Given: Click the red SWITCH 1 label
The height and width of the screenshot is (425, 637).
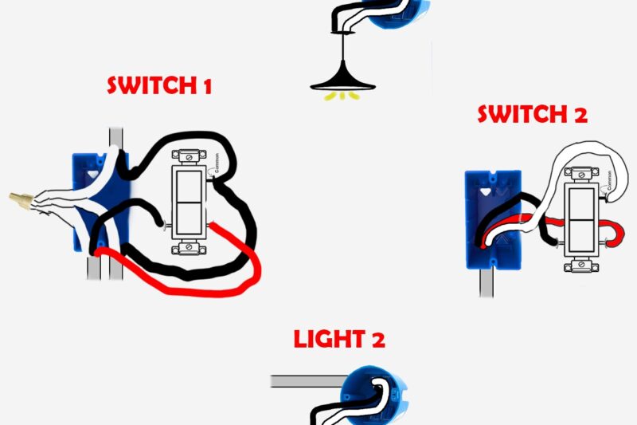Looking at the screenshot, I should point(159,86).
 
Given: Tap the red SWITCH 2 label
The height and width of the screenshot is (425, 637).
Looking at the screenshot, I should point(532,114).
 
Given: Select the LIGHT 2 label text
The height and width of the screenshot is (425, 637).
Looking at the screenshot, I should point(339,340).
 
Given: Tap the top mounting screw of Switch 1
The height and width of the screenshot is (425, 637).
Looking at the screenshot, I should point(190,156).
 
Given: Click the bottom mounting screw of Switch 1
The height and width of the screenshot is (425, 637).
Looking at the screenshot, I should point(190,247).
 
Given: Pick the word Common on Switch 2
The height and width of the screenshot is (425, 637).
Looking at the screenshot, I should point(608,183).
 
